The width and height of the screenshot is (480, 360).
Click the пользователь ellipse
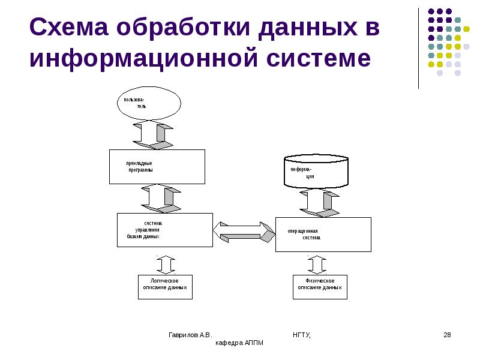pyautogui.click(x=148, y=103)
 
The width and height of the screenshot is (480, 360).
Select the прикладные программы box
pyautogui.click(x=157, y=166)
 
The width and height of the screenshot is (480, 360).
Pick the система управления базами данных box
pyautogui.click(x=164, y=229)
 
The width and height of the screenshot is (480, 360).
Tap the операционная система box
pyautogui.click(x=323, y=234)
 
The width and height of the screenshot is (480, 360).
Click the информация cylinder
pyautogui.click(x=316, y=172)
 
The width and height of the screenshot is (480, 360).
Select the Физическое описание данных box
pyautogui.click(x=320, y=287)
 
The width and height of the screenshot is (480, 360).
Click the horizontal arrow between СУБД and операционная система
pyautogui.click(x=244, y=231)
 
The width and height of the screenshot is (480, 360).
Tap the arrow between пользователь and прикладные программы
pyautogui.click(x=152, y=134)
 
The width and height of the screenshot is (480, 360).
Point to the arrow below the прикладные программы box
pyautogui.click(x=161, y=198)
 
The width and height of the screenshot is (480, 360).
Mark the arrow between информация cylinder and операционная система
pyautogui.click(x=319, y=203)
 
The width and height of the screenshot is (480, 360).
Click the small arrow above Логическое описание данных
pyautogui.click(x=166, y=264)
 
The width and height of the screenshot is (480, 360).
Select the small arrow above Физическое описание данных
pyautogui.click(x=317, y=264)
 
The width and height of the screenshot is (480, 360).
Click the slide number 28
pyautogui.click(x=446, y=334)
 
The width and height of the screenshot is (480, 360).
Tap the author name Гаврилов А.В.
pyautogui.click(x=190, y=334)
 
